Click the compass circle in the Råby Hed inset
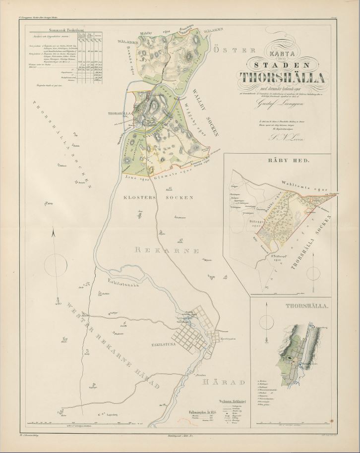pos(314,272)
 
